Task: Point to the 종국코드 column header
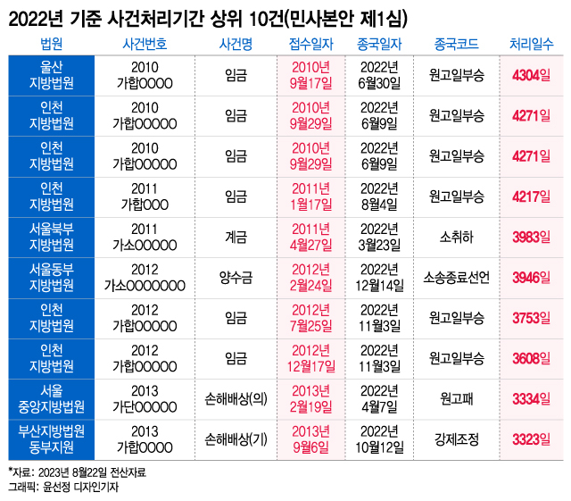(458, 43)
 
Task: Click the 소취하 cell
(458, 238)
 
